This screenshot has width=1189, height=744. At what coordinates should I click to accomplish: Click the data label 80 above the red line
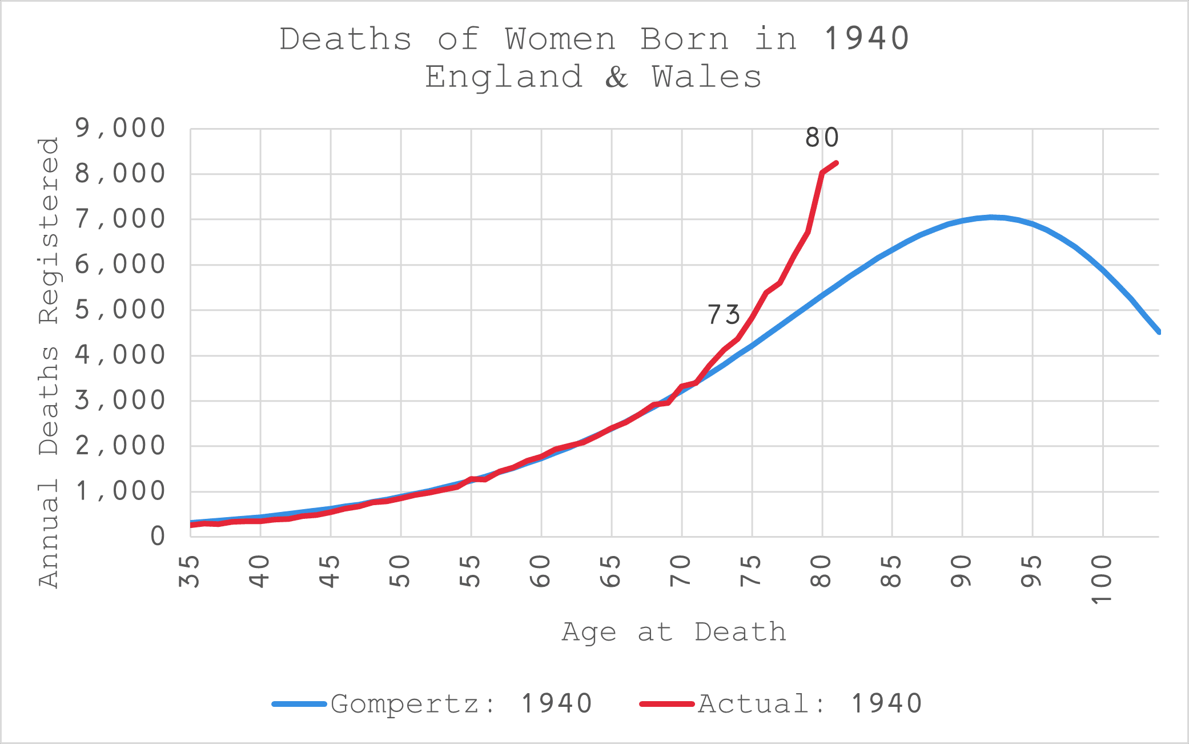tap(822, 138)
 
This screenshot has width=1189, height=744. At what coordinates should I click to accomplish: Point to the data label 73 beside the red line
tap(724, 315)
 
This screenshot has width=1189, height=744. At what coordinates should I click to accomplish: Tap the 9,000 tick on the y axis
tap(120, 129)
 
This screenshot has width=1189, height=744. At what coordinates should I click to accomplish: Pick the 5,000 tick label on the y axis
tap(120, 310)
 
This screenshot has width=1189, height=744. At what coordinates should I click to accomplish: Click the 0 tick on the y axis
tap(158, 537)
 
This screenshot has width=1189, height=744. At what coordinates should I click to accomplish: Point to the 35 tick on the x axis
tap(190, 571)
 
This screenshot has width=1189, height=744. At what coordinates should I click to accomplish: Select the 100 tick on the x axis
tap(1102, 579)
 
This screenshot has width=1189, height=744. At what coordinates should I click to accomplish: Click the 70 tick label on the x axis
tap(681, 571)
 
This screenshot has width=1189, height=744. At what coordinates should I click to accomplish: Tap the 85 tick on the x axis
tap(892, 571)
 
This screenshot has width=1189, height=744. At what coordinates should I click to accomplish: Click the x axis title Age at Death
tap(674, 633)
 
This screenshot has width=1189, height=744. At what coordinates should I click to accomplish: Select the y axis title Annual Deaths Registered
tap(49, 362)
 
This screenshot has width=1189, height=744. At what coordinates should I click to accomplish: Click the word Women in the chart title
tap(560, 39)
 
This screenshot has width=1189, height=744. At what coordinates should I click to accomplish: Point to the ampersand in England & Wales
tap(617, 77)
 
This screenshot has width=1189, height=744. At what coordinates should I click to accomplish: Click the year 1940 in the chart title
tap(867, 39)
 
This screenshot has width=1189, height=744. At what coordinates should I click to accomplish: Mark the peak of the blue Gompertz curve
tap(991, 217)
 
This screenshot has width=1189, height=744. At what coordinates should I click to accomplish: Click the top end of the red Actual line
tap(836, 163)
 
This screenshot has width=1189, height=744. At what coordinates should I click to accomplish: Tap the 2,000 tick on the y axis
tap(120, 446)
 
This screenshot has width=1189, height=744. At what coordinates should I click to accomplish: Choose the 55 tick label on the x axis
tap(471, 571)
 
